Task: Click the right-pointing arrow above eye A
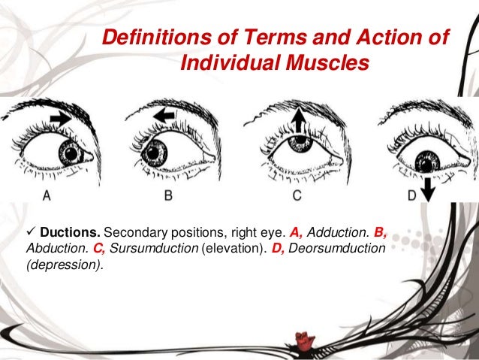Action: click(62, 117)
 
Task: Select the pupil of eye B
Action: click(158, 153)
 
